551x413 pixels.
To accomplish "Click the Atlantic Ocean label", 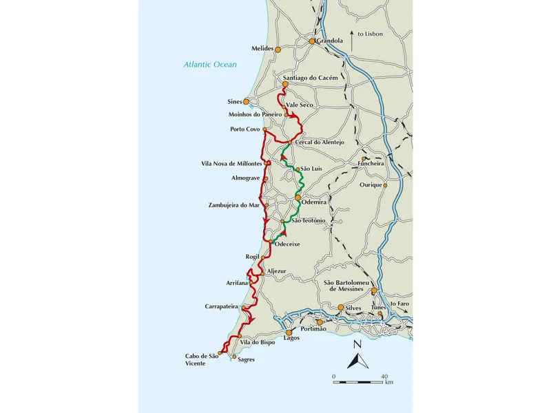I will pyautogui.click(x=210, y=65).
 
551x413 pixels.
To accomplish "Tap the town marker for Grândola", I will pyautogui.click(x=311, y=41).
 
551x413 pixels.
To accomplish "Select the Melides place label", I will pyautogui.click(x=261, y=49).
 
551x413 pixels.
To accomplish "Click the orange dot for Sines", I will pyautogui.click(x=246, y=102).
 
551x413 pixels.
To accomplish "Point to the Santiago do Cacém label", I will pyautogui.click(x=311, y=78).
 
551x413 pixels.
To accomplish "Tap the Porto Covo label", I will pyautogui.click(x=244, y=129).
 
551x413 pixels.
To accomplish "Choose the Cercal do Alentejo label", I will pyautogui.click(x=319, y=142).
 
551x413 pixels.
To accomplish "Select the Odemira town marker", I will pyautogui.click(x=298, y=198).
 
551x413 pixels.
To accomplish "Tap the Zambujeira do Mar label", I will pyautogui.click(x=233, y=205).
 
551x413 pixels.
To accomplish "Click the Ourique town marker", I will pyautogui.click(x=385, y=184).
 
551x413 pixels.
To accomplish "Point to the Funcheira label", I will pyautogui.click(x=373, y=164).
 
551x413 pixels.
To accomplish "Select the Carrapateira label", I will pyautogui.click(x=222, y=306).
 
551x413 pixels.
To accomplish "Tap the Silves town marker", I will pyautogui.click(x=340, y=308).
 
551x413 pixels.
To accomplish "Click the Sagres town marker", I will pyautogui.click(x=234, y=357).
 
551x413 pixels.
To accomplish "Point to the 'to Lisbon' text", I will pyautogui.click(x=369, y=33).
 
